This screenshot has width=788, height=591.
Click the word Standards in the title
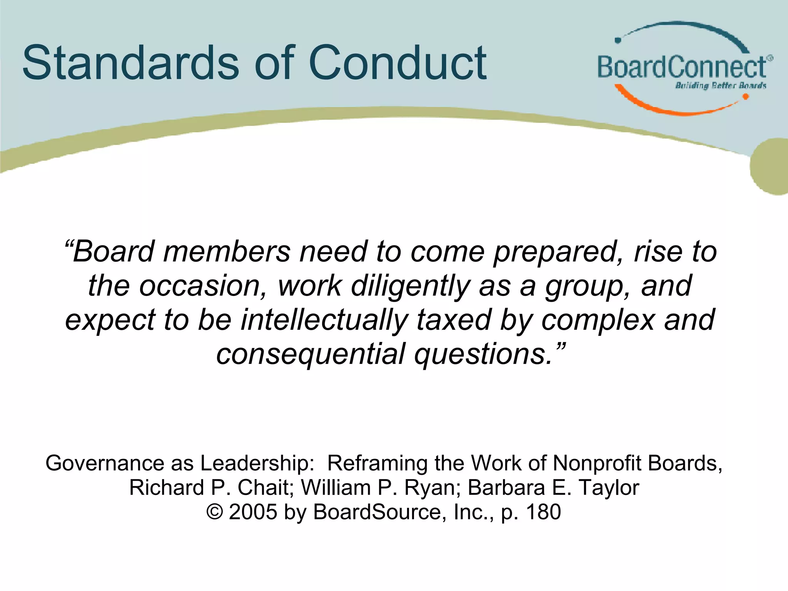131,62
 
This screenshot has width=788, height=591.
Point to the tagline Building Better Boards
720,85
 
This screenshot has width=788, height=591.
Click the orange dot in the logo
745,97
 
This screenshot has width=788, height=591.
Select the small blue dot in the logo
618,40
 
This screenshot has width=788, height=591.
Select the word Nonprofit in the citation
597,463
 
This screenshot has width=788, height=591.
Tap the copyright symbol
215,512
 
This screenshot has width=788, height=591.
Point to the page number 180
543,512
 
